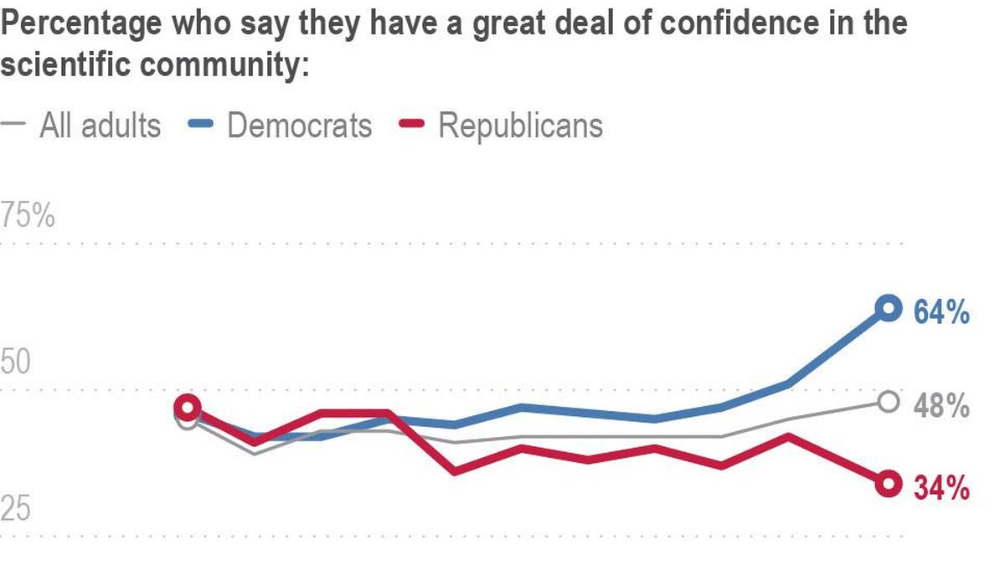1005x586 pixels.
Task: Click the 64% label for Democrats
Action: [x=941, y=313]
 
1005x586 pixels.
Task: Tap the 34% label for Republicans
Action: [x=941, y=488]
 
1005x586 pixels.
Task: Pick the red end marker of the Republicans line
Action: [x=888, y=483]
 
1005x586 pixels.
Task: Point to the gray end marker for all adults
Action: [x=889, y=402]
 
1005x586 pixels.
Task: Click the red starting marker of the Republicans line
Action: [x=188, y=408]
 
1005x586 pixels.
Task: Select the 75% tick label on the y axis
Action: [x=28, y=217]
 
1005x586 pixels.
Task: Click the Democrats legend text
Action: [x=299, y=126]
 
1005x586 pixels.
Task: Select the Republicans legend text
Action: [x=520, y=126]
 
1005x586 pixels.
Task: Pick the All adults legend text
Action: [x=100, y=126]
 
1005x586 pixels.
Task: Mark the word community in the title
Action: [x=221, y=65]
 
